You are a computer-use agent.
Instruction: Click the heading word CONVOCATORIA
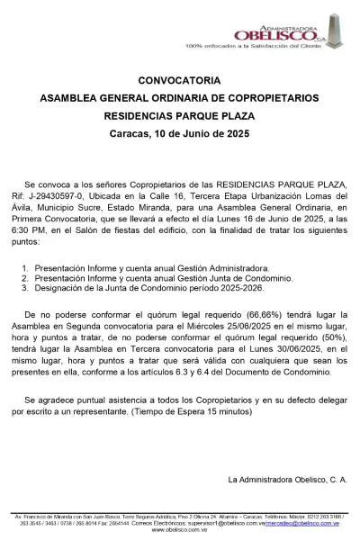(x=179, y=78)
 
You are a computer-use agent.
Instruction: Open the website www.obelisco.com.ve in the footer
(x=180, y=530)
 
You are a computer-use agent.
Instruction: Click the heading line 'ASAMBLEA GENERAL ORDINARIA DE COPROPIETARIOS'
(x=179, y=96)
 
